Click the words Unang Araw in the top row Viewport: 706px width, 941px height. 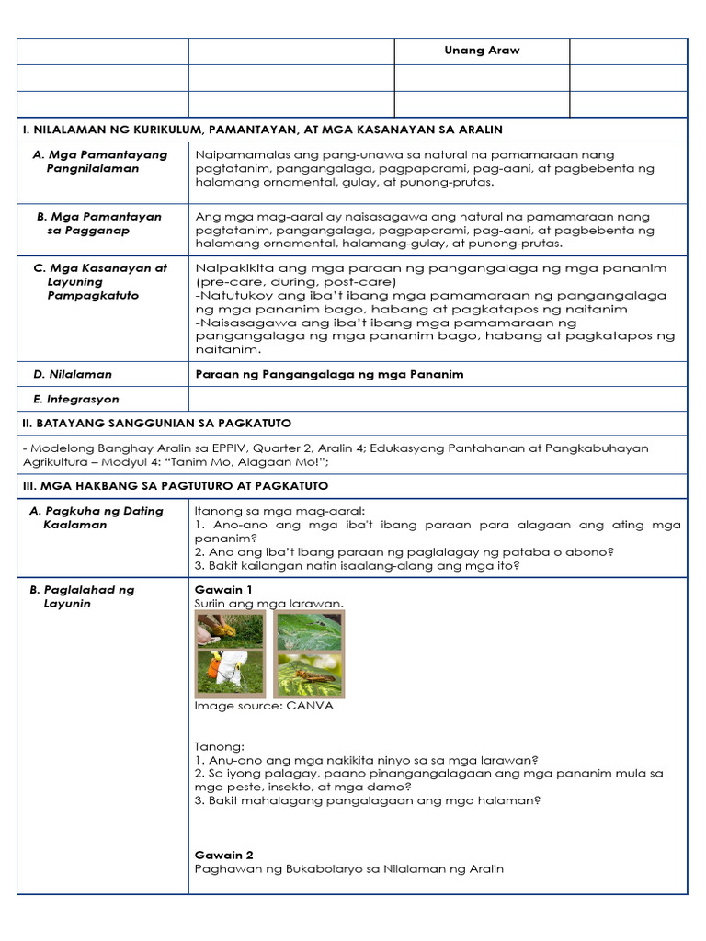(x=482, y=51)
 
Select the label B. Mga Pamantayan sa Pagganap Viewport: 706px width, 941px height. (x=99, y=224)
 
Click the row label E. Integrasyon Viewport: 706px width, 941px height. (x=76, y=400)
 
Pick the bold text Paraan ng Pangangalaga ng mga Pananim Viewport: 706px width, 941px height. (x=329, y=375)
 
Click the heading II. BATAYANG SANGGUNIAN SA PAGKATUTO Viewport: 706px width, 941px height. (x=156, y=424)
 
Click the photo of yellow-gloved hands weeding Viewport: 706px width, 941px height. (x=230, y=629)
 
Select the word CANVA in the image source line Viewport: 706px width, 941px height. (x=311, y=707)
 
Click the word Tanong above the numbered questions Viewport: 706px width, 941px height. (x=214, y=747)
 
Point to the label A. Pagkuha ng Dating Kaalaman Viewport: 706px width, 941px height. (x=97, y=517)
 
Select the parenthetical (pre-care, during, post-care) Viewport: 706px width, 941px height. (x=295, y=281)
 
